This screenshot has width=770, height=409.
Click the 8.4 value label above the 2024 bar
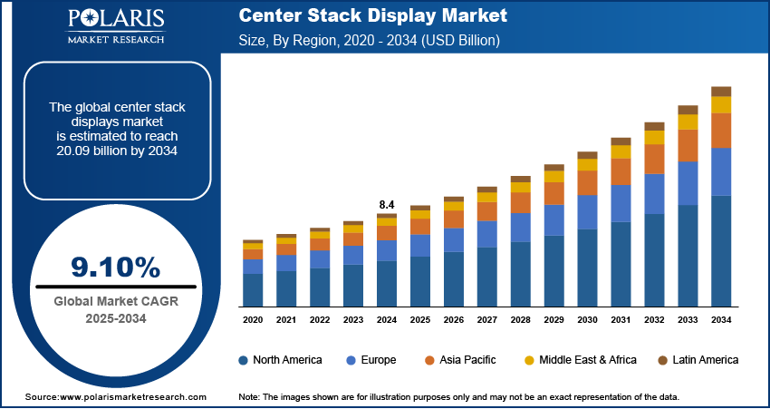pyautogui.click(x=387, y=205)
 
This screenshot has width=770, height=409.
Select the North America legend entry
pyautogui.click(x=280, y=360)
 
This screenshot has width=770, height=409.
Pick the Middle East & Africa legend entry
pyautogui.click(x=580, y=360)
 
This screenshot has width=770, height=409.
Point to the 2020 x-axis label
pyautogui.click(x=253, y=320)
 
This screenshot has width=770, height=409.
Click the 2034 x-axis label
pyautogui.click(x=721, y=320)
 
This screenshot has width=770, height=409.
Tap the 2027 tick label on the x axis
pyautogui.click(x=487, y=320)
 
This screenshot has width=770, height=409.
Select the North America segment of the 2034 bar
pyautogui.click(x=721, y=250)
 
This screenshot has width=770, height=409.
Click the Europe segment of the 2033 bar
pyautogui.click(x=688, y=183)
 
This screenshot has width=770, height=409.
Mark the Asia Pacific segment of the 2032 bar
pyautogui.click(x=654, y=159)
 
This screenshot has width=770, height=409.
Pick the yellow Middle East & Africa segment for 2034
pyautogui.click(x=721, y=104)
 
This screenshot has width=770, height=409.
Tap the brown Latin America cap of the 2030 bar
pyautogui.click(x=587, y=155)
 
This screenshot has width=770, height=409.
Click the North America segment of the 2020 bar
pyautogui.click(x=253, y=289)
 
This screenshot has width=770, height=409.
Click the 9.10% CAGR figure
pyautogui.click(x=115, y=267)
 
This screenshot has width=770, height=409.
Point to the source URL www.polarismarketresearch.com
pyautogui.click(x=115, y=397)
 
